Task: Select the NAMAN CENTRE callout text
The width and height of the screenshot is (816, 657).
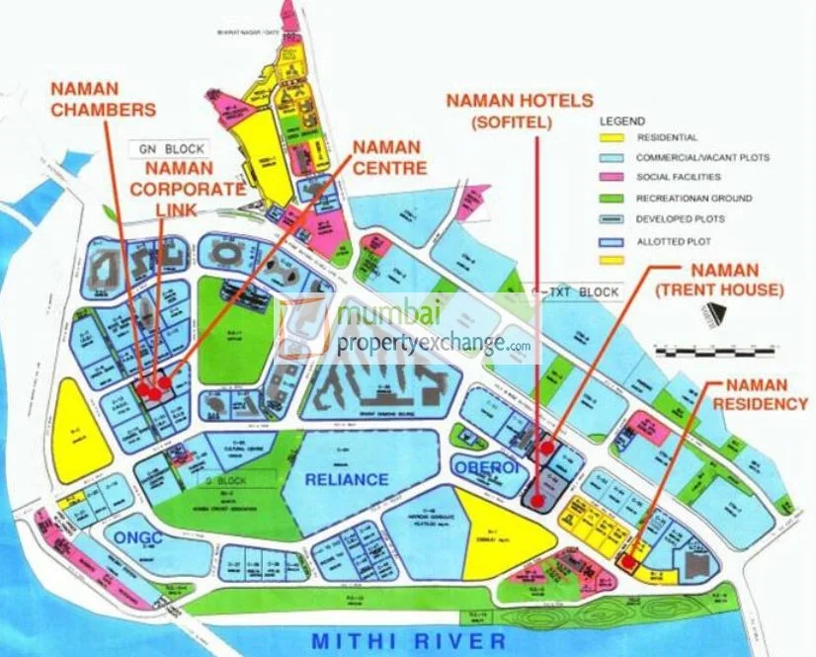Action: pos(386,157)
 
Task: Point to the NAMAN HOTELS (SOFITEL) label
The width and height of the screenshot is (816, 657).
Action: pos(520,110)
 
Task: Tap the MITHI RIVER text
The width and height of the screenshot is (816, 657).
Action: pos(408,640)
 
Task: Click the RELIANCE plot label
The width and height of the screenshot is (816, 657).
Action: pos(346,479)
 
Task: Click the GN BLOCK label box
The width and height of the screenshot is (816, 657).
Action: pos(172,149)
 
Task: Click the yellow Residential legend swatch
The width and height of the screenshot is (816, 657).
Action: pos(613,137)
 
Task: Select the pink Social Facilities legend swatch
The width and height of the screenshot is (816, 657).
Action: pos(613,178)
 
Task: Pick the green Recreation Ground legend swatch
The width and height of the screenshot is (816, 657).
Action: pos(613,199)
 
